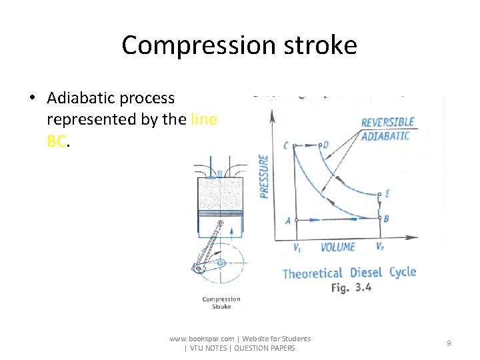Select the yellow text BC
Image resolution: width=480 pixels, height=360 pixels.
click(57, 141)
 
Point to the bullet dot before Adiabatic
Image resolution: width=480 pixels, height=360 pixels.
click(32, 99)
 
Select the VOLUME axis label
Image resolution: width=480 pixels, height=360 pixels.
click(338, 247)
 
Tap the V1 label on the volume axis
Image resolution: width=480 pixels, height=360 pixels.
click(297, 247)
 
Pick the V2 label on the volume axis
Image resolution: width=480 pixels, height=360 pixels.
click(379, 247)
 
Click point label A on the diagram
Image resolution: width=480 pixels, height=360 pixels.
click(288, 220)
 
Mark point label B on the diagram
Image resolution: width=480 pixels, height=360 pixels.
click(387, 218)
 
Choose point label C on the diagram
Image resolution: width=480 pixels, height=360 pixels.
click(286, 146)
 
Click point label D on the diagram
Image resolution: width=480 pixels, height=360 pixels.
click(325, 145)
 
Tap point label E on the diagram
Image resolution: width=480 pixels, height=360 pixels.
click(387, 194)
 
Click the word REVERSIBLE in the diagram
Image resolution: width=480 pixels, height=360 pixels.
click(387, 123)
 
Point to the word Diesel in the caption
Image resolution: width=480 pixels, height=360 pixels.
click(365, 273)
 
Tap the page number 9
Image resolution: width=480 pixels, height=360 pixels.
click(449, 343)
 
